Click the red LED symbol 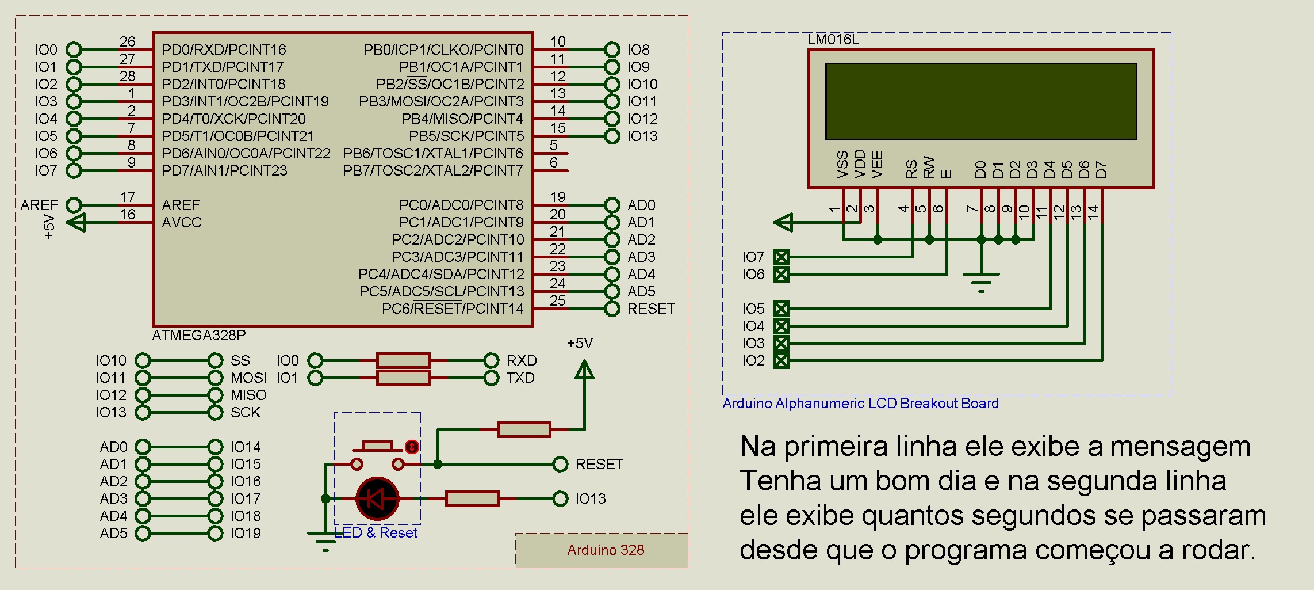pyautogui.click(x=377, y=498)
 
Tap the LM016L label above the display pyautogui.click(x=833, y=40)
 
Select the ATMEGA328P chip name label pyautogui.click(x=199, y=335)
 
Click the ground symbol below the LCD pyautogui.click(x=981, y=283)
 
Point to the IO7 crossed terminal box pyautogui.click(x=781, y=257)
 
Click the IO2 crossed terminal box pyautogui.click(x=781, y=361)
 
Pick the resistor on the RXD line pyautogui.click(x=403, y=360)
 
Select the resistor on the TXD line pyautogui.click(x=403, y=378)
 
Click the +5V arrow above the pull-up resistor pyautogui.click(x=584, y=370)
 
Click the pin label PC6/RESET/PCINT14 pyautogui.click(x=453, y=309)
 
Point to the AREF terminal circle pyautogui.click(x=74, y=205)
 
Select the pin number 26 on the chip pyautogui.click(x=128, y=41)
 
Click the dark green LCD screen pyautogui.click(x=981, y=101)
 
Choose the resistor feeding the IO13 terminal pyautogui.click(x=472, y=498)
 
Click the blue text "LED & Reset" pyautogui.click(x=376, y=533)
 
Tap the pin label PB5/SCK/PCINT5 pyautogui.click(x=466, y=136)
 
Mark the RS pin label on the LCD pyautogui.click(x=911, y=169)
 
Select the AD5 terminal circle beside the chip pyautogui.click(x=612, y=291)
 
